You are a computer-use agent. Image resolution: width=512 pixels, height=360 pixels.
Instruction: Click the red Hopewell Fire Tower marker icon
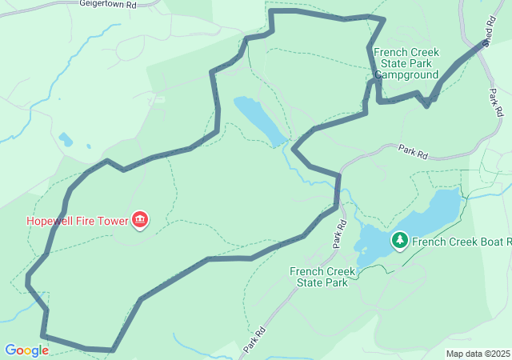[141, 220]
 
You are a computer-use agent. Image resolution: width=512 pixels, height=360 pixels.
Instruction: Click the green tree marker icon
[399, 240]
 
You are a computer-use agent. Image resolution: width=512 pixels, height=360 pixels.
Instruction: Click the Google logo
[26, 350]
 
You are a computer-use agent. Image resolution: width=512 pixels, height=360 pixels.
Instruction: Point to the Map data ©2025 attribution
[478, 354]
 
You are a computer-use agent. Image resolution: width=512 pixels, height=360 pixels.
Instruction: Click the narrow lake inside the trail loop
[260, 120]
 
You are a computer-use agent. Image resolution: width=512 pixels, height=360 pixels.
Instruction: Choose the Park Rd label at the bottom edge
[254, 339]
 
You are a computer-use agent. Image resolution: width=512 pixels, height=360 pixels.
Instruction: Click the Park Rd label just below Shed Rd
[495, 102]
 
